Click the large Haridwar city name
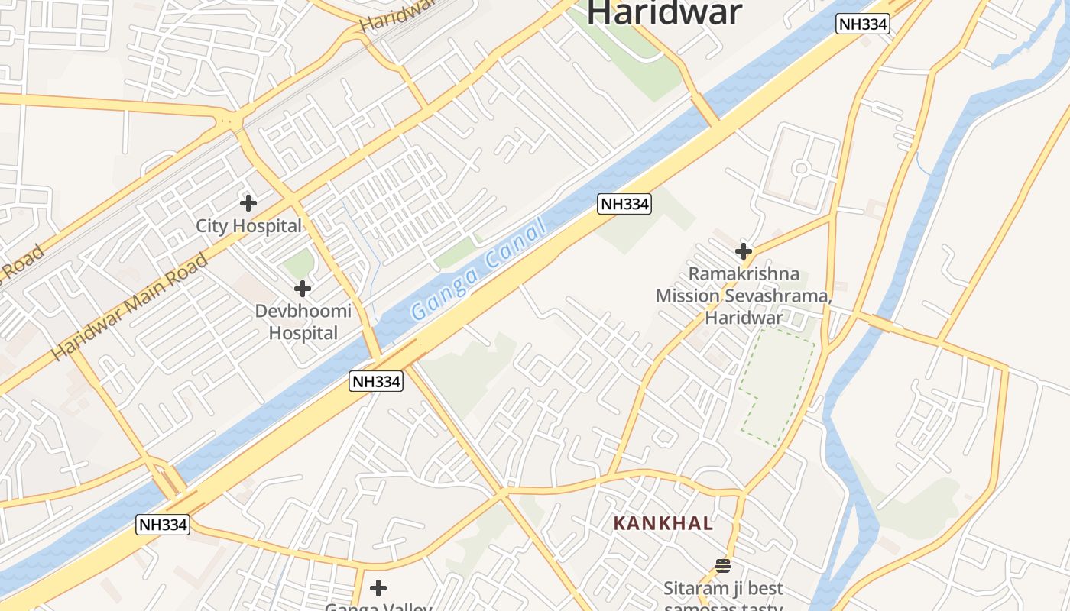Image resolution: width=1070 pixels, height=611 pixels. (x=664, y=12)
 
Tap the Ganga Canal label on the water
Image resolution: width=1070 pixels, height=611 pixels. (x=479, y=270)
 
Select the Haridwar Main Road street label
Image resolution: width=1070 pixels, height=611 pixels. (x=129, y=307)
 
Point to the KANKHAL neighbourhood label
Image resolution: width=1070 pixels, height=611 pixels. (x=664, y=524)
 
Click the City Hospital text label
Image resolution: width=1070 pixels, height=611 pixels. (x=248, y=226)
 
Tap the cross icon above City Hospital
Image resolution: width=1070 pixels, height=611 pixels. (x=248, y=203)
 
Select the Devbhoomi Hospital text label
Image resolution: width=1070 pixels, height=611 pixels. (x=303, y=322)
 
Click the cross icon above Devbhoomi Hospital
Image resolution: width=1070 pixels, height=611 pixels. (x=303, y=289)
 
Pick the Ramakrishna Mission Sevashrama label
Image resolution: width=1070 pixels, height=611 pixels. (x=744, y=296)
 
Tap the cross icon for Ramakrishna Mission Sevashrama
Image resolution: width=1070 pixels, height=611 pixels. (x=743, y=251)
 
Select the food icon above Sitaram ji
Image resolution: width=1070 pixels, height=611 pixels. (x=722, y=566)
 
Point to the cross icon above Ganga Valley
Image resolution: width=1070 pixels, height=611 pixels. (x=378, y=588)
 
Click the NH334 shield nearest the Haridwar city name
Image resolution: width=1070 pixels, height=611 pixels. (x=863, y=24)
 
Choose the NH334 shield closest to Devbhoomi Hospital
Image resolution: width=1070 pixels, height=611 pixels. (x=376, y=381)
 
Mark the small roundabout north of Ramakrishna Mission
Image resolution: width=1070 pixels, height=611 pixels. (x=801, y=168)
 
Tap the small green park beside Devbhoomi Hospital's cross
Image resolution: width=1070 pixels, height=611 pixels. (x=298, y=264)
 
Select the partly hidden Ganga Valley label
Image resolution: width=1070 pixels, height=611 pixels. (x=378, y=606)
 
